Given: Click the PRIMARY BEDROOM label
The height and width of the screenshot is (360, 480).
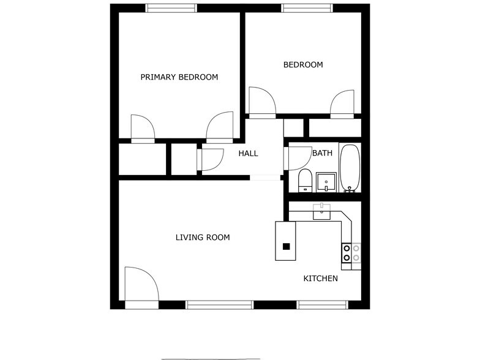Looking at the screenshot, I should coord(179,77).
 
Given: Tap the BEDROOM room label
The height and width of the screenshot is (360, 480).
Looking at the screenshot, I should coord(302,64).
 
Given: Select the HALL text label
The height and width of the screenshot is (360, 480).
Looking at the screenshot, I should coord(248,153).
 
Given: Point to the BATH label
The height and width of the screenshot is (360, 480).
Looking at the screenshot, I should coord(322,153).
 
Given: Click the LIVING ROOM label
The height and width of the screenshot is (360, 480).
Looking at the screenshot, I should coord(203,238).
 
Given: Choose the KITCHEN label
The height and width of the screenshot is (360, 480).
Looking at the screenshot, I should coord(321,279).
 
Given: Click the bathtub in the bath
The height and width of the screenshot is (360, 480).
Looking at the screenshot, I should coord(350,168).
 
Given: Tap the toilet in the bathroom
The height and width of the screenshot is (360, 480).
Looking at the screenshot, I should coord(305,181).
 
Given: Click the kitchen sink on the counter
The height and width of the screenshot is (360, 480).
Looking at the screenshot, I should coord(322,212).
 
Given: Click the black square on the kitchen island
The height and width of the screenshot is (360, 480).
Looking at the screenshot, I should coord(286,247).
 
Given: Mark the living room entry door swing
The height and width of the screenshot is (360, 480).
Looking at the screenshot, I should coord(140,284).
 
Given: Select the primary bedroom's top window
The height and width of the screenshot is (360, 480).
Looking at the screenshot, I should coord(171,8).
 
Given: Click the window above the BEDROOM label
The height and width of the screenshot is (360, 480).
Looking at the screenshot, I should coord(307,8).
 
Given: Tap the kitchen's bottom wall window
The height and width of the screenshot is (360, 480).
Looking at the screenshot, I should coord(322,304).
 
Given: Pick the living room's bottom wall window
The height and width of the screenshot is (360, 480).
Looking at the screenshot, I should coord(219,304).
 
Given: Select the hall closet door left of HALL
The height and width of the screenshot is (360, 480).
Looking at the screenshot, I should coord(211,159).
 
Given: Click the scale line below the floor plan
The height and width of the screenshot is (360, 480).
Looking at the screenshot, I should coord(210,359).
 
